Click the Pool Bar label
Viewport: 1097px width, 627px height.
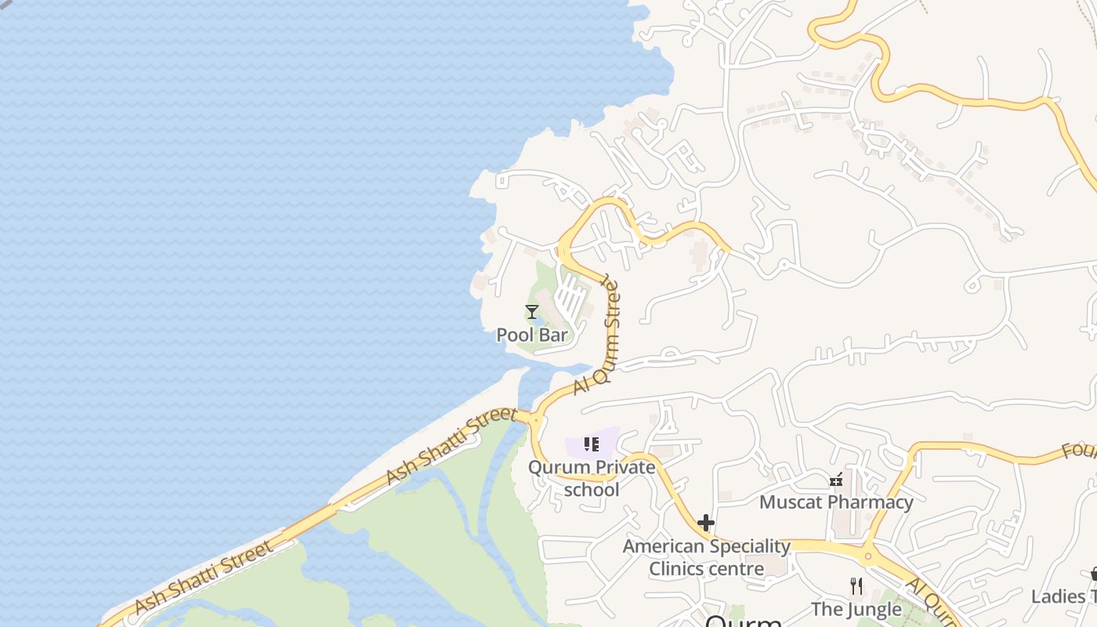532,335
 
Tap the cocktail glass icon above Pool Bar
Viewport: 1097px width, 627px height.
532,312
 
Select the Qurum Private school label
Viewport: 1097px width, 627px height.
592,478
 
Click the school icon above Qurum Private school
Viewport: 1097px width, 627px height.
592,445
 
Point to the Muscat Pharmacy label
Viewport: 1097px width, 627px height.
836,502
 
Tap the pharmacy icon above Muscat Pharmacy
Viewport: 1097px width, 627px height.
836,480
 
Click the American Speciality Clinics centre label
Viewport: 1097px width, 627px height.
706,557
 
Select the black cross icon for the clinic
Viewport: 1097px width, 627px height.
706,523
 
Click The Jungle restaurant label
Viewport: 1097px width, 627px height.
856,609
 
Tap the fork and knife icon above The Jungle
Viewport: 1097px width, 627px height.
856,585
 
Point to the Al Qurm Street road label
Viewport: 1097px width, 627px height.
597,338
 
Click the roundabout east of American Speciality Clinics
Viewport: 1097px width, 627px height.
867,556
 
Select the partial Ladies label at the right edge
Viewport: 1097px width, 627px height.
1063,596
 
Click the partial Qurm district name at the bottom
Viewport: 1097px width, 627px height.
743,621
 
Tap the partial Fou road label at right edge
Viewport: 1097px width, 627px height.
1079,451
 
